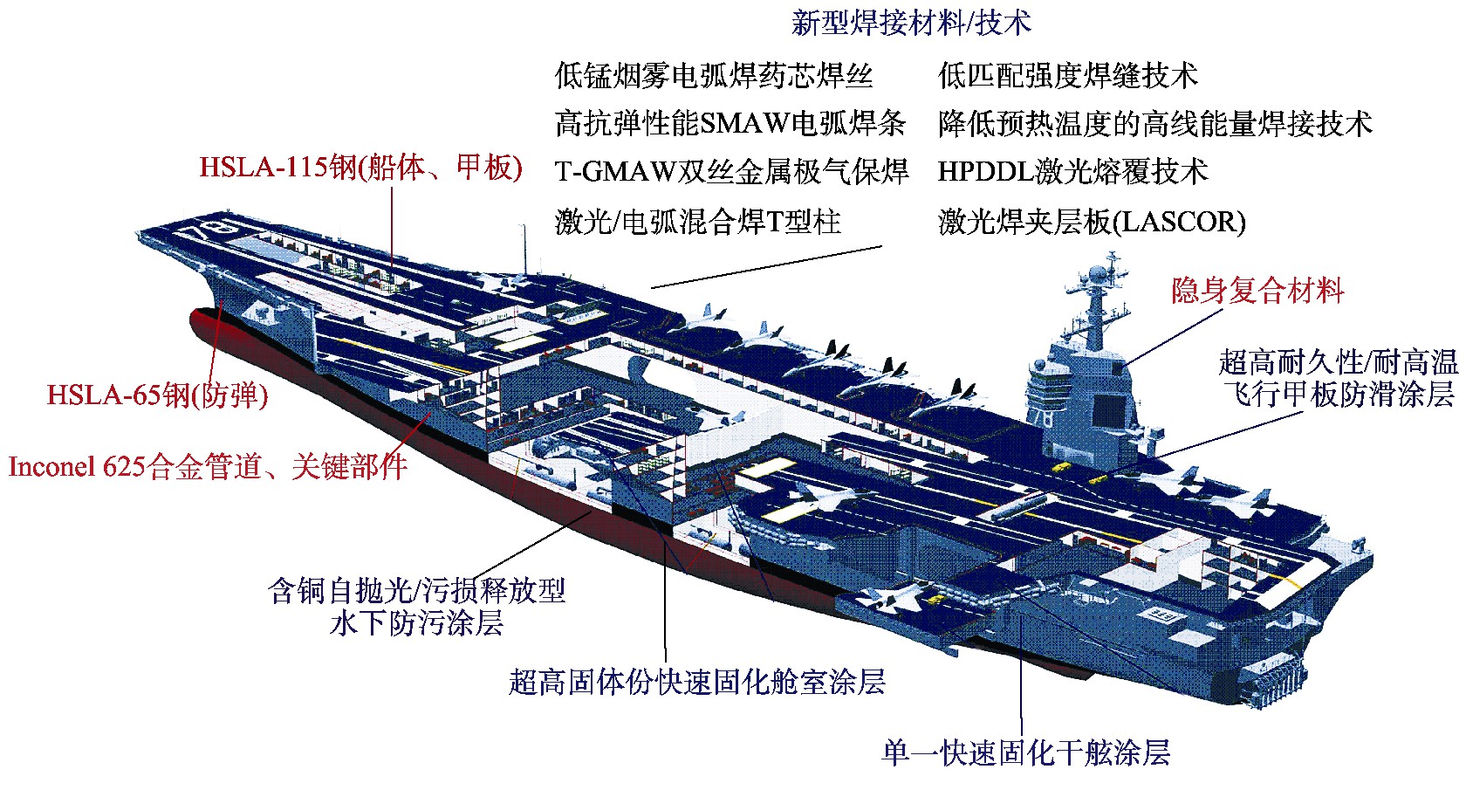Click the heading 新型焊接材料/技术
pyautogui.click(x=911, y=23)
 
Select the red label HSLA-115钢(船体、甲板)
pyautogui.click(x=360, y=168)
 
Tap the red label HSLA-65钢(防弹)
pyautogui.click(x=158, y=395)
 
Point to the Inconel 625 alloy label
pyautogui.click(x=208, y=467)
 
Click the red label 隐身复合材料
pyautogui.click(x=1257, y=291)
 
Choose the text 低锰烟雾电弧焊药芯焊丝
pyautogui.click(x=714, y=75)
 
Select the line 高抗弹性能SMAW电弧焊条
pyautogui.click(x=730, y=123)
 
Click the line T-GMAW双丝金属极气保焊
pyautogui.click(x=731, y=171)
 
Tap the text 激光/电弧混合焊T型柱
pyautogui.click(x=698, y=221)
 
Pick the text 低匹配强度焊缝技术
pyautogui.click(x=1068, y=75)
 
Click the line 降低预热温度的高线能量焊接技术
pyautogui.click(x=1155, y=123)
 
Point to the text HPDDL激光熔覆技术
pyautogui.click(x=1072, y=171)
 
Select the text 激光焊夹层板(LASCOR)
pyautogui.click(x=1092, y=221)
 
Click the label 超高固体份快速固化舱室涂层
pyautogui.click(x=697, y=682)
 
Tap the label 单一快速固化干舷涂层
pyautogui.click(x=1025, y=752)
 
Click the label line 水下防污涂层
pyautogui.click(x=417, y=623)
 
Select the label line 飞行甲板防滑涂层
pyautogui.click(x=1339, y=394)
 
